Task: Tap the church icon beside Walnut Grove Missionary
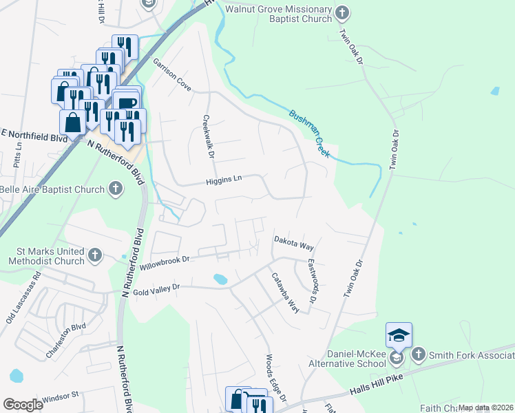pos(342,13)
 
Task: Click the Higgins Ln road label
pos(224,179)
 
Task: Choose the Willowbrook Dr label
pos(164,262)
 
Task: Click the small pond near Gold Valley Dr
pos(220,279)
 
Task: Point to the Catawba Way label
pos(284,293)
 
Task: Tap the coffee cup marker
pos(127,103)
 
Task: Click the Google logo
pos(23,405)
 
